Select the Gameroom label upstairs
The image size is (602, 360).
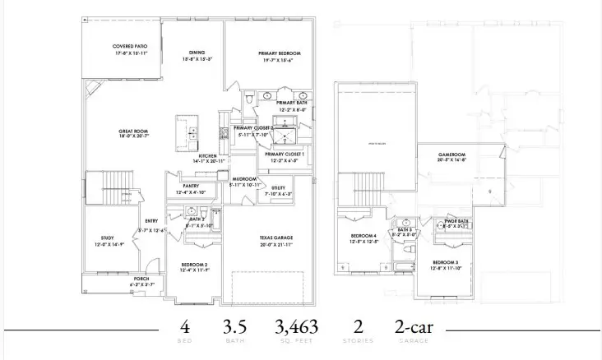pyautogui.click(x=451, y=156)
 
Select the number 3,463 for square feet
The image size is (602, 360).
pyautogui.click(x=297, y=326)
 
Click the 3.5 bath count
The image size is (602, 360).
pyautogui.click(x=234, y=326)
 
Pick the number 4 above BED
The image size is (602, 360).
pyautogui.click(x=186, y=326)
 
